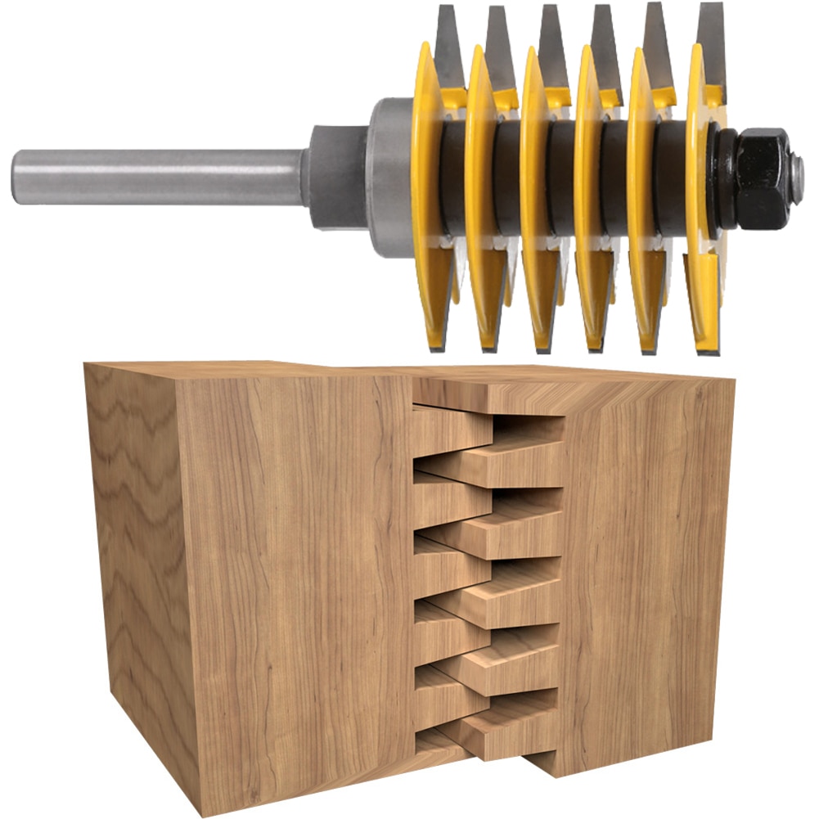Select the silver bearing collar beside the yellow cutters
click(388, 176)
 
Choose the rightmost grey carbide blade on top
click(710, 41)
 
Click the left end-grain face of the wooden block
click(131, 573)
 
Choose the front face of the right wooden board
click(646, 573)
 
